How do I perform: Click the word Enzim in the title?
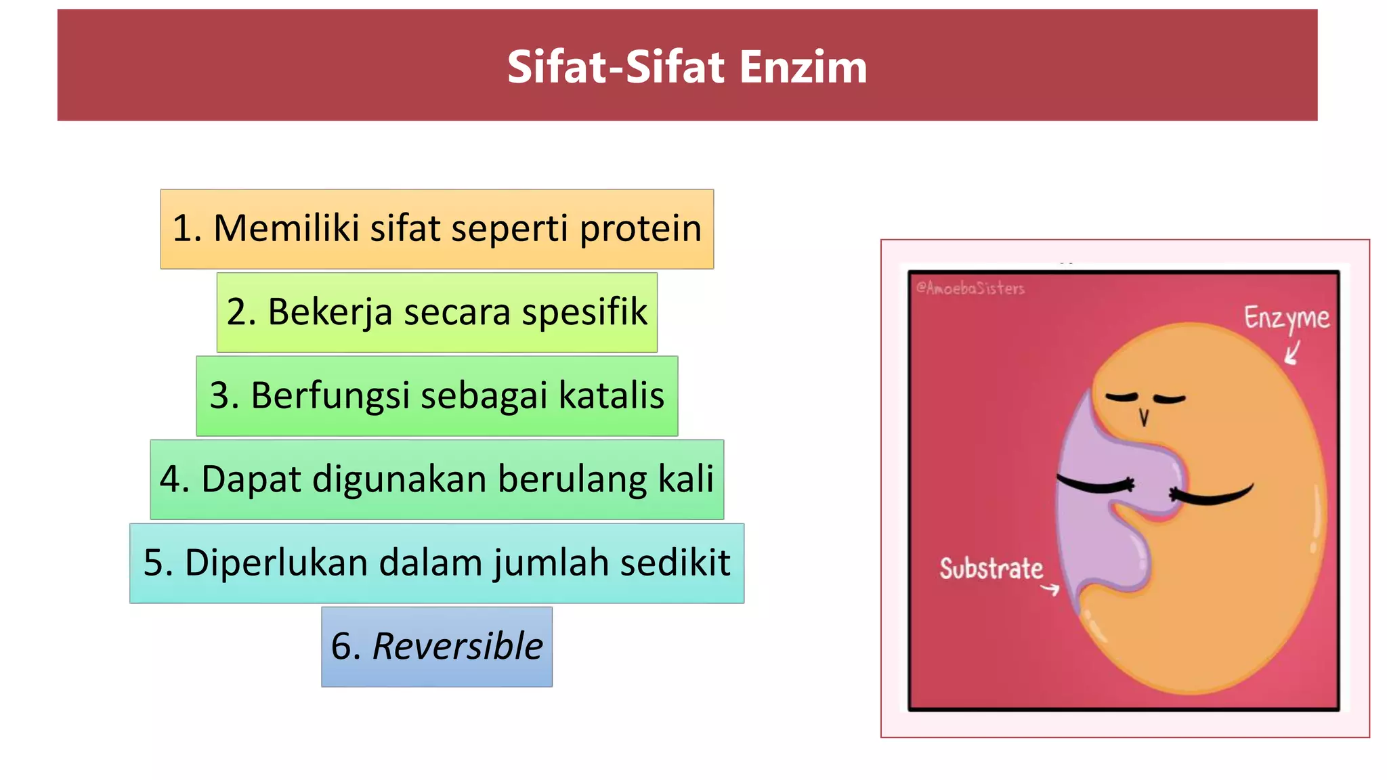[x=803, y=67]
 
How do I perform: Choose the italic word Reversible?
[x=457, y=646]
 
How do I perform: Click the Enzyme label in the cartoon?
[x=1286, y=318]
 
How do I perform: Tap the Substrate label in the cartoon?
[x=990, y=569]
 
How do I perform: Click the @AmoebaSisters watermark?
[x=970, y=288]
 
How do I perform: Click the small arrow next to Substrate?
[x=1050, y=590]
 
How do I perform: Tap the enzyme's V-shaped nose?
[x=1144, y=417]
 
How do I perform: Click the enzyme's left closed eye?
[x=1122, y=397]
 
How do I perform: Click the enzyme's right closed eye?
[x=1170, y=399]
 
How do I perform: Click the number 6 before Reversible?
[x=341, y=646]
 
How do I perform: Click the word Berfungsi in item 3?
[x=330, y=395]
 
